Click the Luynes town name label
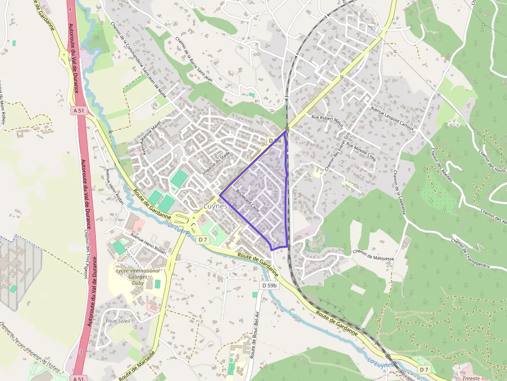click(215, 206)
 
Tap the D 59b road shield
click(270, 285)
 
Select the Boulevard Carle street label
click(247, 201)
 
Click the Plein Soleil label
click(118, 321)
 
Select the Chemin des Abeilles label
click(441, 165)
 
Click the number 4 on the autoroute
click(69, 9)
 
